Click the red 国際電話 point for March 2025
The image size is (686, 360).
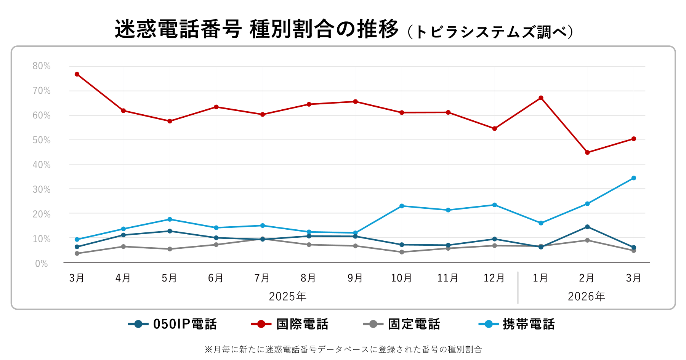coord(77,74)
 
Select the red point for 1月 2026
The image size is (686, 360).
coord(541,98)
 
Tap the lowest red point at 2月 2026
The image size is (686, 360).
coord(587,152)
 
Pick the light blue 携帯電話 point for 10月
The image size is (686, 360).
coord(402,206)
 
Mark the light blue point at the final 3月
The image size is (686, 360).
coord(634,178)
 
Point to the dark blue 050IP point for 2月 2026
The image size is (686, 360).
coord(587,227)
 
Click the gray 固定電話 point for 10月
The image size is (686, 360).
coord(402,252)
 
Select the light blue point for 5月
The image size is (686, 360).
coord(170,219)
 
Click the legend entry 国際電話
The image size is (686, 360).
coord(290,324)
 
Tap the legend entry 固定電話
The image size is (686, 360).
coord(402,324)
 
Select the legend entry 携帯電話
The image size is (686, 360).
coord(516,324)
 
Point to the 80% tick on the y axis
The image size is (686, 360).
coord(42,66)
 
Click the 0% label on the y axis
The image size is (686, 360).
coord(42,264)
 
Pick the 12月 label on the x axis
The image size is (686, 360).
coord(494,278)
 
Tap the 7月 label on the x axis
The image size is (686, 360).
coord(262,278)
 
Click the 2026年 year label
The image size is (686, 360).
coord(587,296)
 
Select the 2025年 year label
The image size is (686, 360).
coord(288,296)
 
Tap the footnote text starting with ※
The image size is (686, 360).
coord(343,349)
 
